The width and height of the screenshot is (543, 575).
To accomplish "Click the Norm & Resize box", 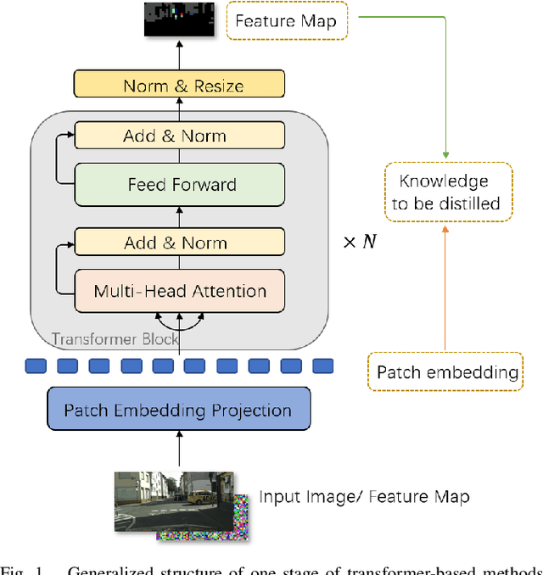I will tap(183, 86).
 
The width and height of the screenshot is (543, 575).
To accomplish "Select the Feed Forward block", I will tap(182, 184).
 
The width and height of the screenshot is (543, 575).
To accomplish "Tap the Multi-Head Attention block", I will tap(180, 291).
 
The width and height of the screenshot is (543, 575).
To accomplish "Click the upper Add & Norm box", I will tap(176, 136).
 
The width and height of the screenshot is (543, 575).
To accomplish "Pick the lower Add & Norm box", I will tap(176, 243).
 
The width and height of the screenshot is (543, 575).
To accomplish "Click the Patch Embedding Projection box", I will tap(179, 410).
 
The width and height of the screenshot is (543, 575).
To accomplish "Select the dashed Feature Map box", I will tap(285, 20).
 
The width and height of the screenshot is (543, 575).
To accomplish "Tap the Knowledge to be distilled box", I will tap(444, 192).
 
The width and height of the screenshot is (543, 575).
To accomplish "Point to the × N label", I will tap(359, 242).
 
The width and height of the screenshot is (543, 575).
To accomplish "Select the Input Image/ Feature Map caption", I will tap(364, 496).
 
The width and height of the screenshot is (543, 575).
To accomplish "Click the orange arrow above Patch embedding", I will tap(444, 288).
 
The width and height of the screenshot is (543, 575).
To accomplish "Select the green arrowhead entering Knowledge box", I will tap(444, 156).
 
